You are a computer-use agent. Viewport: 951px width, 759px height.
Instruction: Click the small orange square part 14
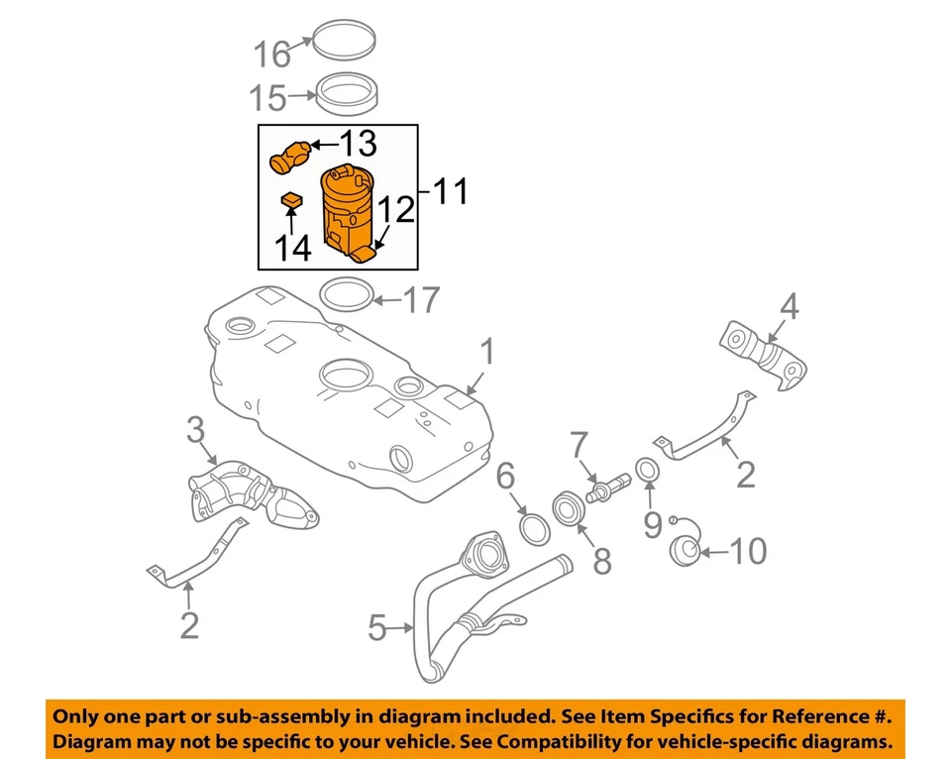click(290, 201)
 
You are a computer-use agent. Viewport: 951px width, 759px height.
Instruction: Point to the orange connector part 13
click(290, 156)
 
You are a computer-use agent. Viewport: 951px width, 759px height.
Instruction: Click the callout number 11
click(452, 190)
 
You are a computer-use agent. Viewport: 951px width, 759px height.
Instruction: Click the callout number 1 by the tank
click(487, 352)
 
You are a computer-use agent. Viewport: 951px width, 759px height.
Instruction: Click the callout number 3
click(195, 430)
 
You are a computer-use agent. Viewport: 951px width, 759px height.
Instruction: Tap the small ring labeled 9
click(645, 469)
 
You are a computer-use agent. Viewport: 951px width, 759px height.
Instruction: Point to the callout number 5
click(376, 627)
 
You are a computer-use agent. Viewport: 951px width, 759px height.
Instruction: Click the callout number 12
click(394, 209)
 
